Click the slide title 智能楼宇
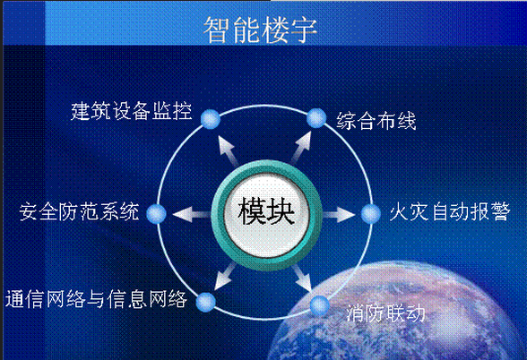[260, 30]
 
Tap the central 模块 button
[266, 215]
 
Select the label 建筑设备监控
[132, 111]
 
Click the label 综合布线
[376, 121]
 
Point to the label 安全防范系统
[79, 211]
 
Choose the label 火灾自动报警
[450, 211]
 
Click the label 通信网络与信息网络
[96, 298]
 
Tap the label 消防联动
[385, 313]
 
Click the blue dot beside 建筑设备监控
[211, 119]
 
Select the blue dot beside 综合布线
[316, 118]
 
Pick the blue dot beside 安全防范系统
[157, 213]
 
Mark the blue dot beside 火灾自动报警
[371, 213]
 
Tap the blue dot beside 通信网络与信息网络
[206, 302]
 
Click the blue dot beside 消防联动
[320, 305]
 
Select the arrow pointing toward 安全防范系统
[192, 214]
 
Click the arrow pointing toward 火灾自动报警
[338, 214]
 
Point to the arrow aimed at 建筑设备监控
[229, 151]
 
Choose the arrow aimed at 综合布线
[301, 148]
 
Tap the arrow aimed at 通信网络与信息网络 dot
[225, 277]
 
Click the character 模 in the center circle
[251, 211]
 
